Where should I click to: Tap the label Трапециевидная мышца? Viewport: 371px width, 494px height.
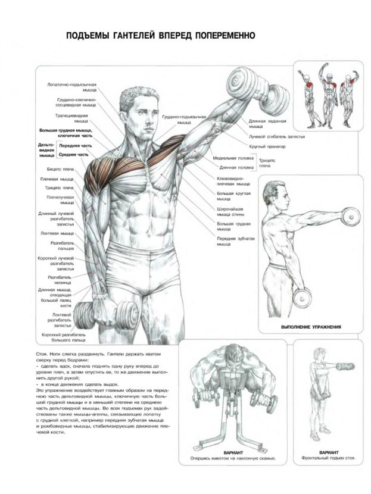pyautogui.click(x=72, y=118)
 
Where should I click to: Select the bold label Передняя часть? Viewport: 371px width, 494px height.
pyautogui.click(x=76, y=146)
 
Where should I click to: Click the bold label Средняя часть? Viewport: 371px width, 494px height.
pyautogui.click(x=74, y=155)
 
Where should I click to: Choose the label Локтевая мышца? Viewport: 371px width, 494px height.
pyautogui.click(x=57, y=233)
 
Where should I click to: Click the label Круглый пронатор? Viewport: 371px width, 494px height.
pyautogui.click(x=267, y=146)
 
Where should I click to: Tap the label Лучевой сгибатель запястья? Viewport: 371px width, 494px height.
pyautogui.click(x=277, y=137)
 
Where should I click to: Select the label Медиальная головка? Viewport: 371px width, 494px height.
pyautogui.click(x=233, y=158)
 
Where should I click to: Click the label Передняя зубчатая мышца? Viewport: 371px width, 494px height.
pyautogui.click(x=235, y=241)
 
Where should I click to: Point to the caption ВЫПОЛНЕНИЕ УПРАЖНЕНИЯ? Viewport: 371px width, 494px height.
pyautogui.click(x=311, y=327)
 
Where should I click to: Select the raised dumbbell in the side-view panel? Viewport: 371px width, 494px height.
pyautogui.click(x=350, y=217)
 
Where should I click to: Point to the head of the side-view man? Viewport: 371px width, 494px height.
pyautogui.click(x=276, y=195)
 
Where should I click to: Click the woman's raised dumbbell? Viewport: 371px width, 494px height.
pyautogui.click(x=345, y=367)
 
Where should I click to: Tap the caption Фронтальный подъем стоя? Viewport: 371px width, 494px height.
pyautogui.click(x=328, y=458)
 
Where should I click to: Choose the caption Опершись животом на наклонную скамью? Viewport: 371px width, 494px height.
pyautogui.click(x=233, y=458)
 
